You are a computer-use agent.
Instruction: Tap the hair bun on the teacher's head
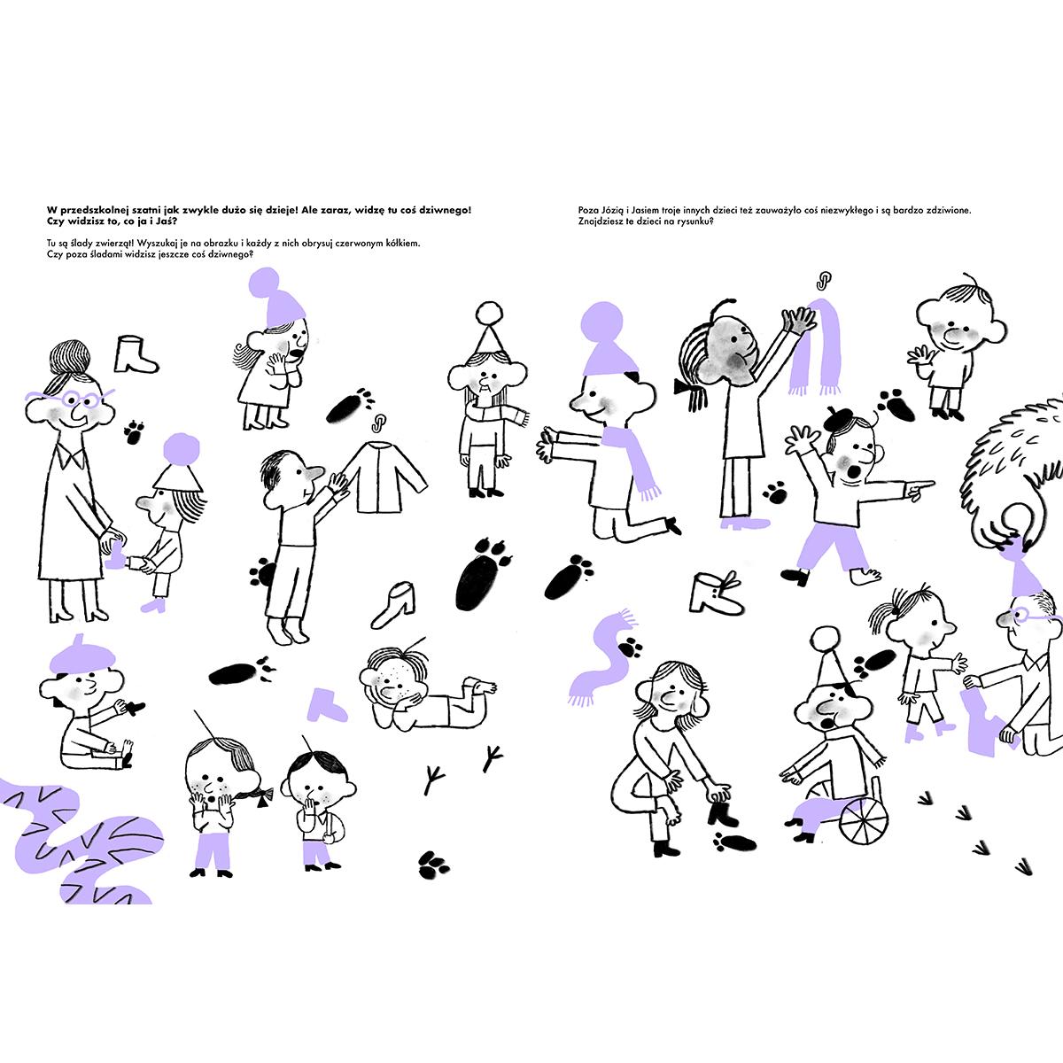[70, 356]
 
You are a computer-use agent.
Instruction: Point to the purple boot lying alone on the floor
[327, 705]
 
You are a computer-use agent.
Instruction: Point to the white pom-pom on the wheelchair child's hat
[826, 638]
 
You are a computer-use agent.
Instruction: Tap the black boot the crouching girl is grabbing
[722, 814]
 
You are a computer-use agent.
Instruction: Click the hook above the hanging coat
[378, 423]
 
